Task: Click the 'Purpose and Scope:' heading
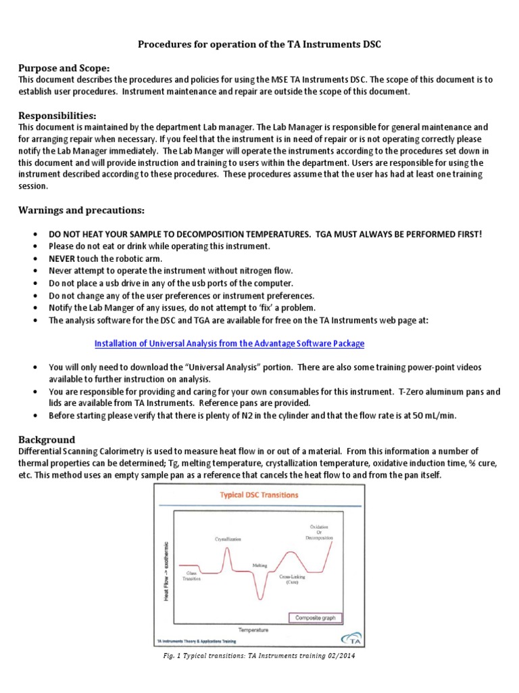tap(64, 68)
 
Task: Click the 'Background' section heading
tap(47, 439)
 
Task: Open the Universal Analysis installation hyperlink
tap(229, 343)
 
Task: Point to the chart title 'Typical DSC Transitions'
tap(259, 495)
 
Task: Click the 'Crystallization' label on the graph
tap(228, 539)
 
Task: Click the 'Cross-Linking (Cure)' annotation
tap(293, 579)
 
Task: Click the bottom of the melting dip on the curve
tap(259, 598)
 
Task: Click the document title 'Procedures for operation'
tap(259, 45)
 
